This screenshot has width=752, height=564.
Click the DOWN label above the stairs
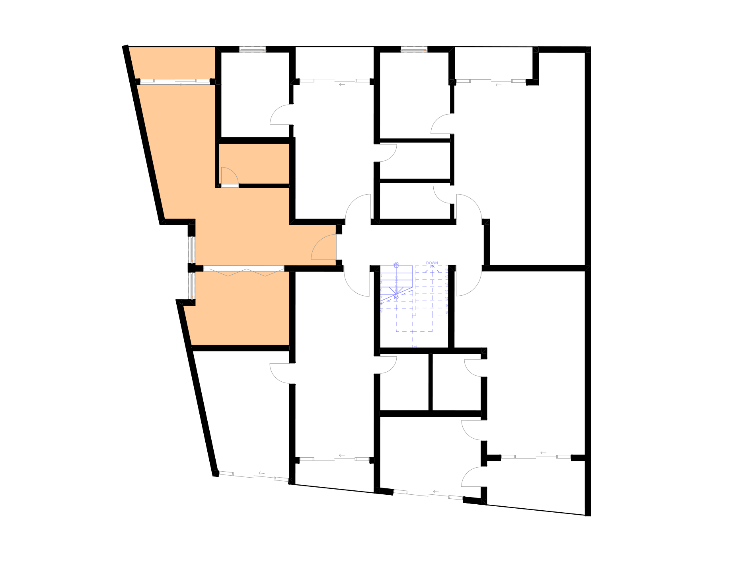tap(432, 263)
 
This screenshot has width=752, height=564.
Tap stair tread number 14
tap(446, 270)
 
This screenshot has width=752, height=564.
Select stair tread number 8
tap(446, 313)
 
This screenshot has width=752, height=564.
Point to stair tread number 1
tap(382, 275)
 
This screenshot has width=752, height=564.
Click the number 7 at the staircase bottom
tap(415, 346)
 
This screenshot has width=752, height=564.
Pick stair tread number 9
tap(446, 306)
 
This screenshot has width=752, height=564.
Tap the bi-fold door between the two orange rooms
tap(244, 271)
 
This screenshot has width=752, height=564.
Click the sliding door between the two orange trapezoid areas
tap(175, 82)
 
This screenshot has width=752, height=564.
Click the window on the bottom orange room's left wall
tap(192, 285)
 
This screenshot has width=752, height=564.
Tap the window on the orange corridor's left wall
tap(192, 250)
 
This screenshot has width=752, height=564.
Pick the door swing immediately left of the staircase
tap(357, 281)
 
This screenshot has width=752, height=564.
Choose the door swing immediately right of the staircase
tap(469, 281)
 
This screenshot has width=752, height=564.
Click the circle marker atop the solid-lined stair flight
tap(396, 264)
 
